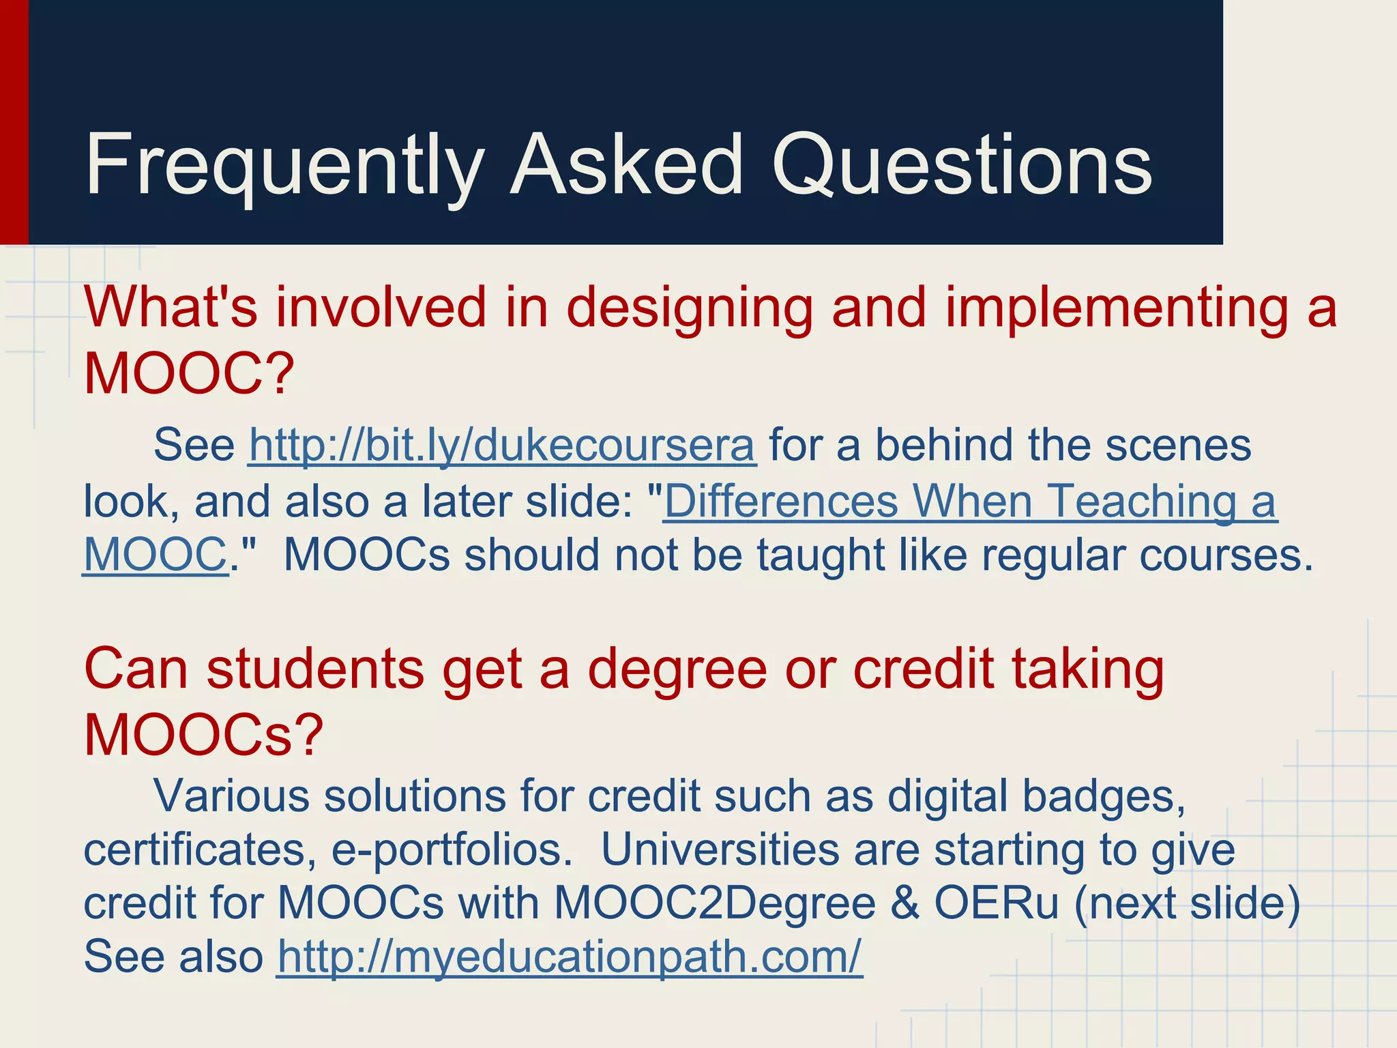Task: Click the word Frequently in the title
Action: tap(284, 165)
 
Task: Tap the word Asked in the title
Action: tap(627, 165)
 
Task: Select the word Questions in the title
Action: tap(962, 165)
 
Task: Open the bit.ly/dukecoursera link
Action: tap(502, 446)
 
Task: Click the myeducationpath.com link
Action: tap(570, 957)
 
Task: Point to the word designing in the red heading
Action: tap(689, 308)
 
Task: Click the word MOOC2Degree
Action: tap(714, 903)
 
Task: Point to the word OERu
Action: tap(996, 903)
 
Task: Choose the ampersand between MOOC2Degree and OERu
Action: tap(905, 903)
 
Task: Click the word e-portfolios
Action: tap(452, 850)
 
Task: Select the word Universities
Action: tap(720, 850)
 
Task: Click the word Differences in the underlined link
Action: tap(781, 501)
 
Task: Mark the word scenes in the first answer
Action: tap(1178, 446)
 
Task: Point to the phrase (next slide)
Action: tap(1187, 903)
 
